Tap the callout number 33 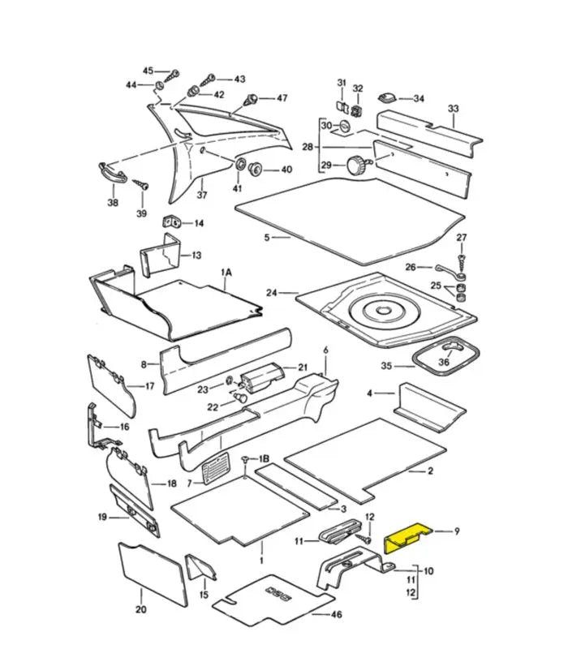453,109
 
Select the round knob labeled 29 355,165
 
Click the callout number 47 282,98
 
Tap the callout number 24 271,293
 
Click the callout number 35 387,366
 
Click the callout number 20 140,610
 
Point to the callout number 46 338,615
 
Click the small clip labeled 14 173,221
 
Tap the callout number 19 103,516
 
